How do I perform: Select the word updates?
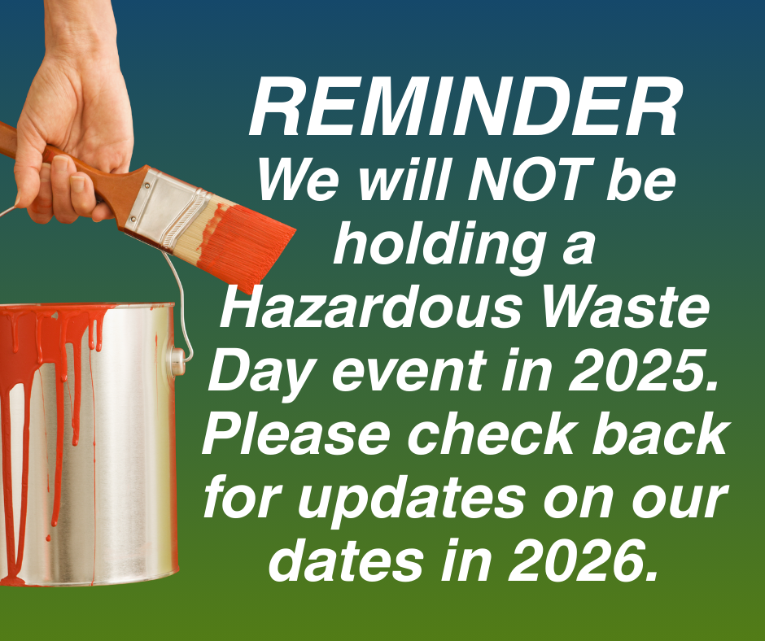[x=411, y=500]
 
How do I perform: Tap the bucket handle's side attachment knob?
[x=178, y=361]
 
